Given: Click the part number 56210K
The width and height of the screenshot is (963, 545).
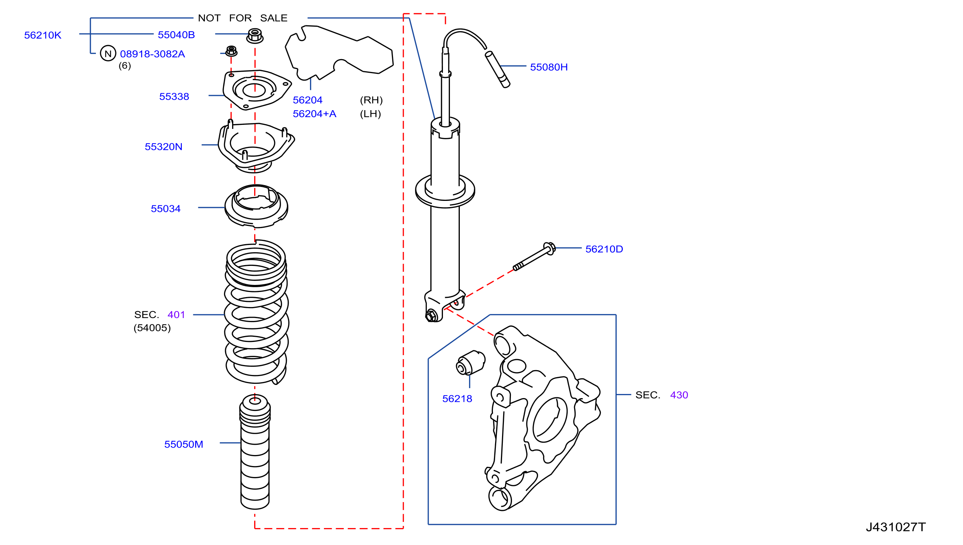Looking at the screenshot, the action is tap(43, 35).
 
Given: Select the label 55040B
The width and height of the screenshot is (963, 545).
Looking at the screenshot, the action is tap(176, 35).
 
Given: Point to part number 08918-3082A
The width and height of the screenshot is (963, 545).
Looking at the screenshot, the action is tap(152, 54).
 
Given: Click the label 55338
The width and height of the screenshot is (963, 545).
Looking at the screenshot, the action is tap(174, 97).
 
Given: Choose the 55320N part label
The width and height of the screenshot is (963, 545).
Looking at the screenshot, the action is tap(163, 147).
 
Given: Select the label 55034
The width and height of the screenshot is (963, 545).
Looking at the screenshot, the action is tap(165, 209).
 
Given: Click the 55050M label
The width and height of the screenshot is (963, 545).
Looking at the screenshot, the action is tap(184, 444).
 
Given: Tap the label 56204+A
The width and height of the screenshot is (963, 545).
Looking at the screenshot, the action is tap(314, 114).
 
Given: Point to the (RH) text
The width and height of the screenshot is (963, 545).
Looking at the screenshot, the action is tap(371, 100).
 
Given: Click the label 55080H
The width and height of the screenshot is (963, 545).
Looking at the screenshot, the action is tap(549, 67).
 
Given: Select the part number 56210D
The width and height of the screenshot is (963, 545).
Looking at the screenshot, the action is tap(604, 249).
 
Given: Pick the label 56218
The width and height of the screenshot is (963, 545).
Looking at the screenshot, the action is tap(457, 398).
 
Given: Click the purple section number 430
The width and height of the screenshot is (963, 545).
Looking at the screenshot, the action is tap(679, 395).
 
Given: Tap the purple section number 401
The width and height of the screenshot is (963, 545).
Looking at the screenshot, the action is tap(176, 314).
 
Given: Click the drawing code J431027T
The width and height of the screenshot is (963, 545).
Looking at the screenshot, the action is tap(896, 527).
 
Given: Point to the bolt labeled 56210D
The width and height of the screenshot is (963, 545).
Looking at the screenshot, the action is tap(534, 256).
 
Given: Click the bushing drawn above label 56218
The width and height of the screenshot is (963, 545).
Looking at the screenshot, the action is tap(470, 362).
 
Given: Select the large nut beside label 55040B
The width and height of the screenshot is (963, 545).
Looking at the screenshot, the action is tap(255, 36).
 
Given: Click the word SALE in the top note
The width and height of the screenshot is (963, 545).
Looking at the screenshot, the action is tap(274, 18).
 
